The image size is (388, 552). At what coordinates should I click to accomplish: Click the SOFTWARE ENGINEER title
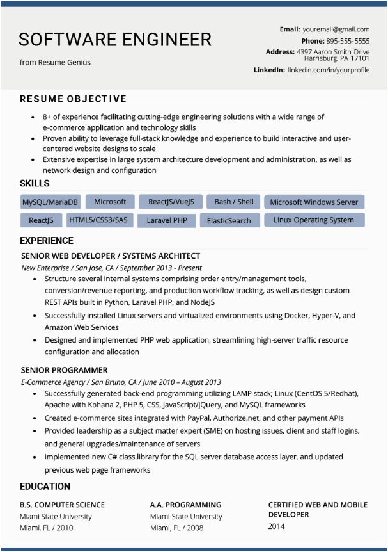coord(115,40)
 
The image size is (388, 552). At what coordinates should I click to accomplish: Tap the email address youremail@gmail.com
coord(336,29)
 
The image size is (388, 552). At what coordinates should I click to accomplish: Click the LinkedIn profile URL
coord(329,70)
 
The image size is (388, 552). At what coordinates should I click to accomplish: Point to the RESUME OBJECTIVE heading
coord(73,99)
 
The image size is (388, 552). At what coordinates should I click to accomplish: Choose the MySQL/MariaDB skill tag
coord(50,202)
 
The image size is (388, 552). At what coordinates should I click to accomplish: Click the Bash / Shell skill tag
coord(234,202)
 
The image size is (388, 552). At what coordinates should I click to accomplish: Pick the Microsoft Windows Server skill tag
coord(314,202)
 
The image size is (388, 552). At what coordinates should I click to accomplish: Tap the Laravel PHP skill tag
coord(167,220)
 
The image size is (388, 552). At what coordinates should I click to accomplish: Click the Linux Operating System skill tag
coord(313,220)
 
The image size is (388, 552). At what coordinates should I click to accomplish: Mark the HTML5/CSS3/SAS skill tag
coord(98,220)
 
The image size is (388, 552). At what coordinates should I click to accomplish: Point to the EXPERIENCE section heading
coord(47,241)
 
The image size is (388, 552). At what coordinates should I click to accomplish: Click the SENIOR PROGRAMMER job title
coord(64,370)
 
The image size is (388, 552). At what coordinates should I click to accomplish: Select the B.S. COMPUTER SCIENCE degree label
coord(62,505)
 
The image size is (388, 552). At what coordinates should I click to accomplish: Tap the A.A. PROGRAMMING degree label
coord(185,505)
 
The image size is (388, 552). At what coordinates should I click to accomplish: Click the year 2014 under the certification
coord(276,526)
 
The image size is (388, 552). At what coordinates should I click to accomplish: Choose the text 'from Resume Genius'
coord(55,63)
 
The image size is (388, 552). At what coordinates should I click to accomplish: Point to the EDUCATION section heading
coord(45,487)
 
